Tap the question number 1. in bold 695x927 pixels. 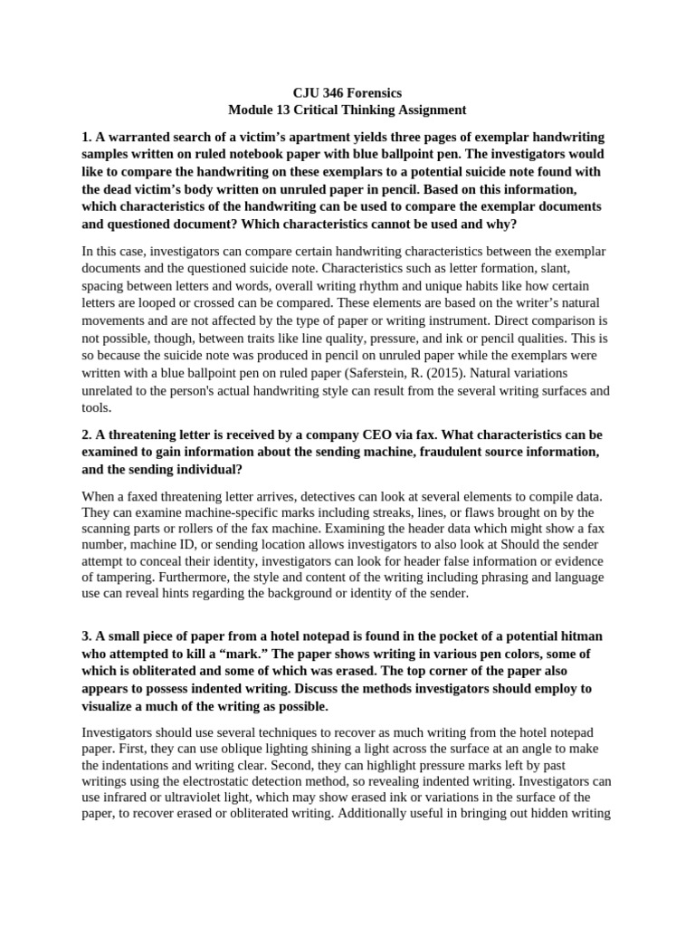click(x=87, y=137)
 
